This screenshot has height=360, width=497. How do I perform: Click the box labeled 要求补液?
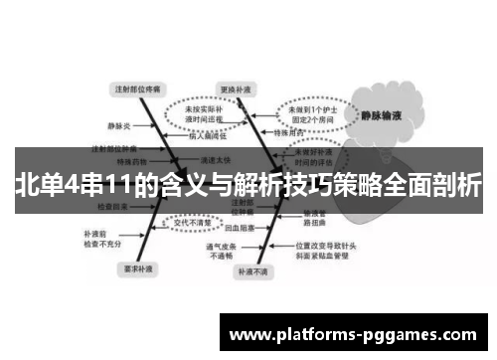[136, 269]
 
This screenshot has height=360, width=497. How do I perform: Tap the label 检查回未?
[112, 209]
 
